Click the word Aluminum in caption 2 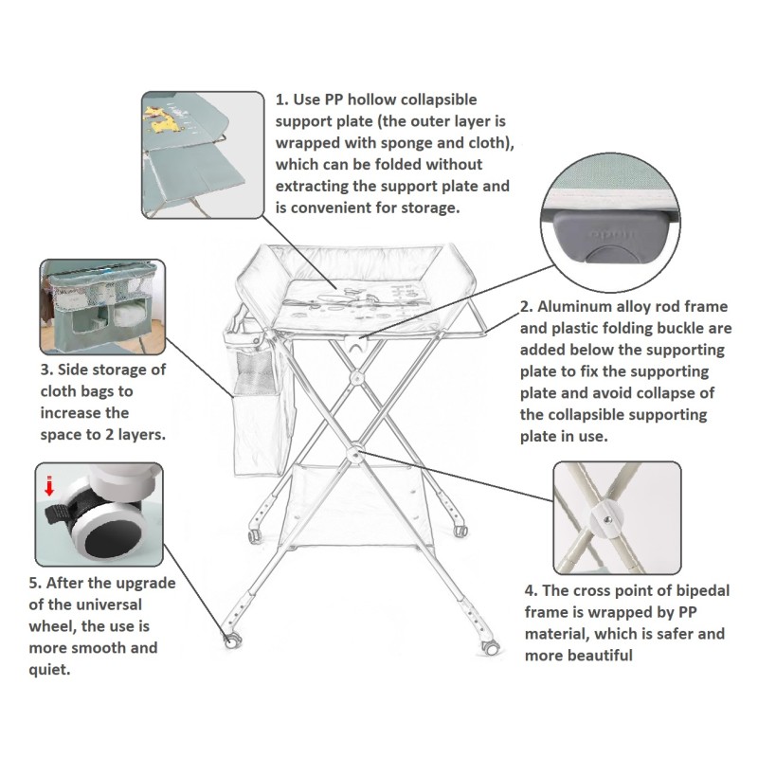point(581,308)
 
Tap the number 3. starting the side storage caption point(47,370)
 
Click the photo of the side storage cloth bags point(101,305)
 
